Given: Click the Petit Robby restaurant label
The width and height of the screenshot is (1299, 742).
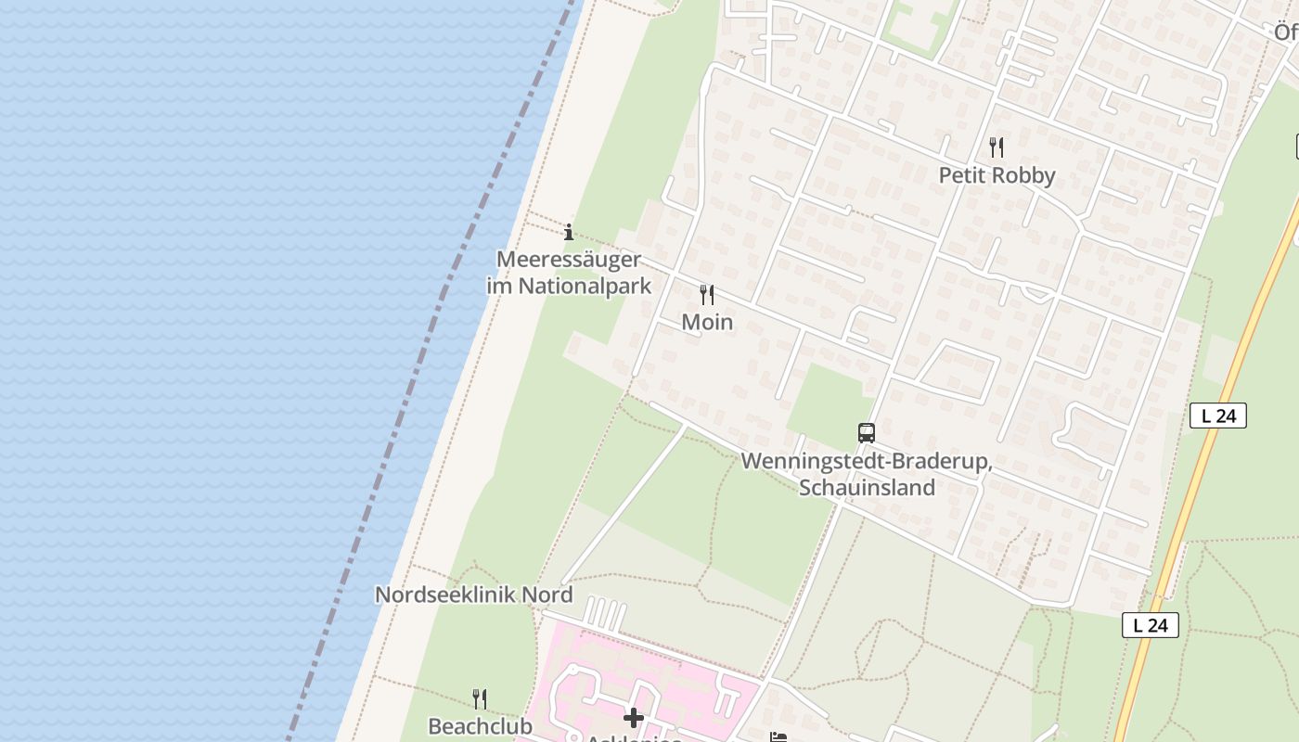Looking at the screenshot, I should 997,175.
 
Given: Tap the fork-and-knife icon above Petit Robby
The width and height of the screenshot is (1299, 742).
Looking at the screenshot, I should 997,147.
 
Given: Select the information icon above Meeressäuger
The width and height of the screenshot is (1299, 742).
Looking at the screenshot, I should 569,232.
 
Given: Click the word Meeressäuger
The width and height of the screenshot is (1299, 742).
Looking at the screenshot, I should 569,260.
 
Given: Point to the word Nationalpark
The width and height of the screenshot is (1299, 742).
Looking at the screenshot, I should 585,286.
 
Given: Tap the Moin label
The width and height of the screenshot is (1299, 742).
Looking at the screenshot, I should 707,322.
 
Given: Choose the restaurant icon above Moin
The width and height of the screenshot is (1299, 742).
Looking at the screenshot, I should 707,295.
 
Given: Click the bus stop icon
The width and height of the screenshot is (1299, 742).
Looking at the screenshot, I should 866,432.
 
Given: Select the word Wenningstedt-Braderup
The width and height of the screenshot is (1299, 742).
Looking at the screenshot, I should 866,462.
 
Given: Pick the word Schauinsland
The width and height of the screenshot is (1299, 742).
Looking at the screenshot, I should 867,487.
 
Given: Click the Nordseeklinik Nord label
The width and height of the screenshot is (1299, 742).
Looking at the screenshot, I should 473,595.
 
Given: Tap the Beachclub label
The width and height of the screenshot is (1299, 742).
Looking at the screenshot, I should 480,725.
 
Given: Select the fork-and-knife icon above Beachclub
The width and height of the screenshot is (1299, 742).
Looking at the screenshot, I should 480,698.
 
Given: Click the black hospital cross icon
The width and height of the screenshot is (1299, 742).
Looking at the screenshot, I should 634,718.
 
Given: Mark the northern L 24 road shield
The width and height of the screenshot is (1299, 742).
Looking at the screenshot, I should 1217,416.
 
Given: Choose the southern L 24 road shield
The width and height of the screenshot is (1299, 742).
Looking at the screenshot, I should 1151,625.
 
